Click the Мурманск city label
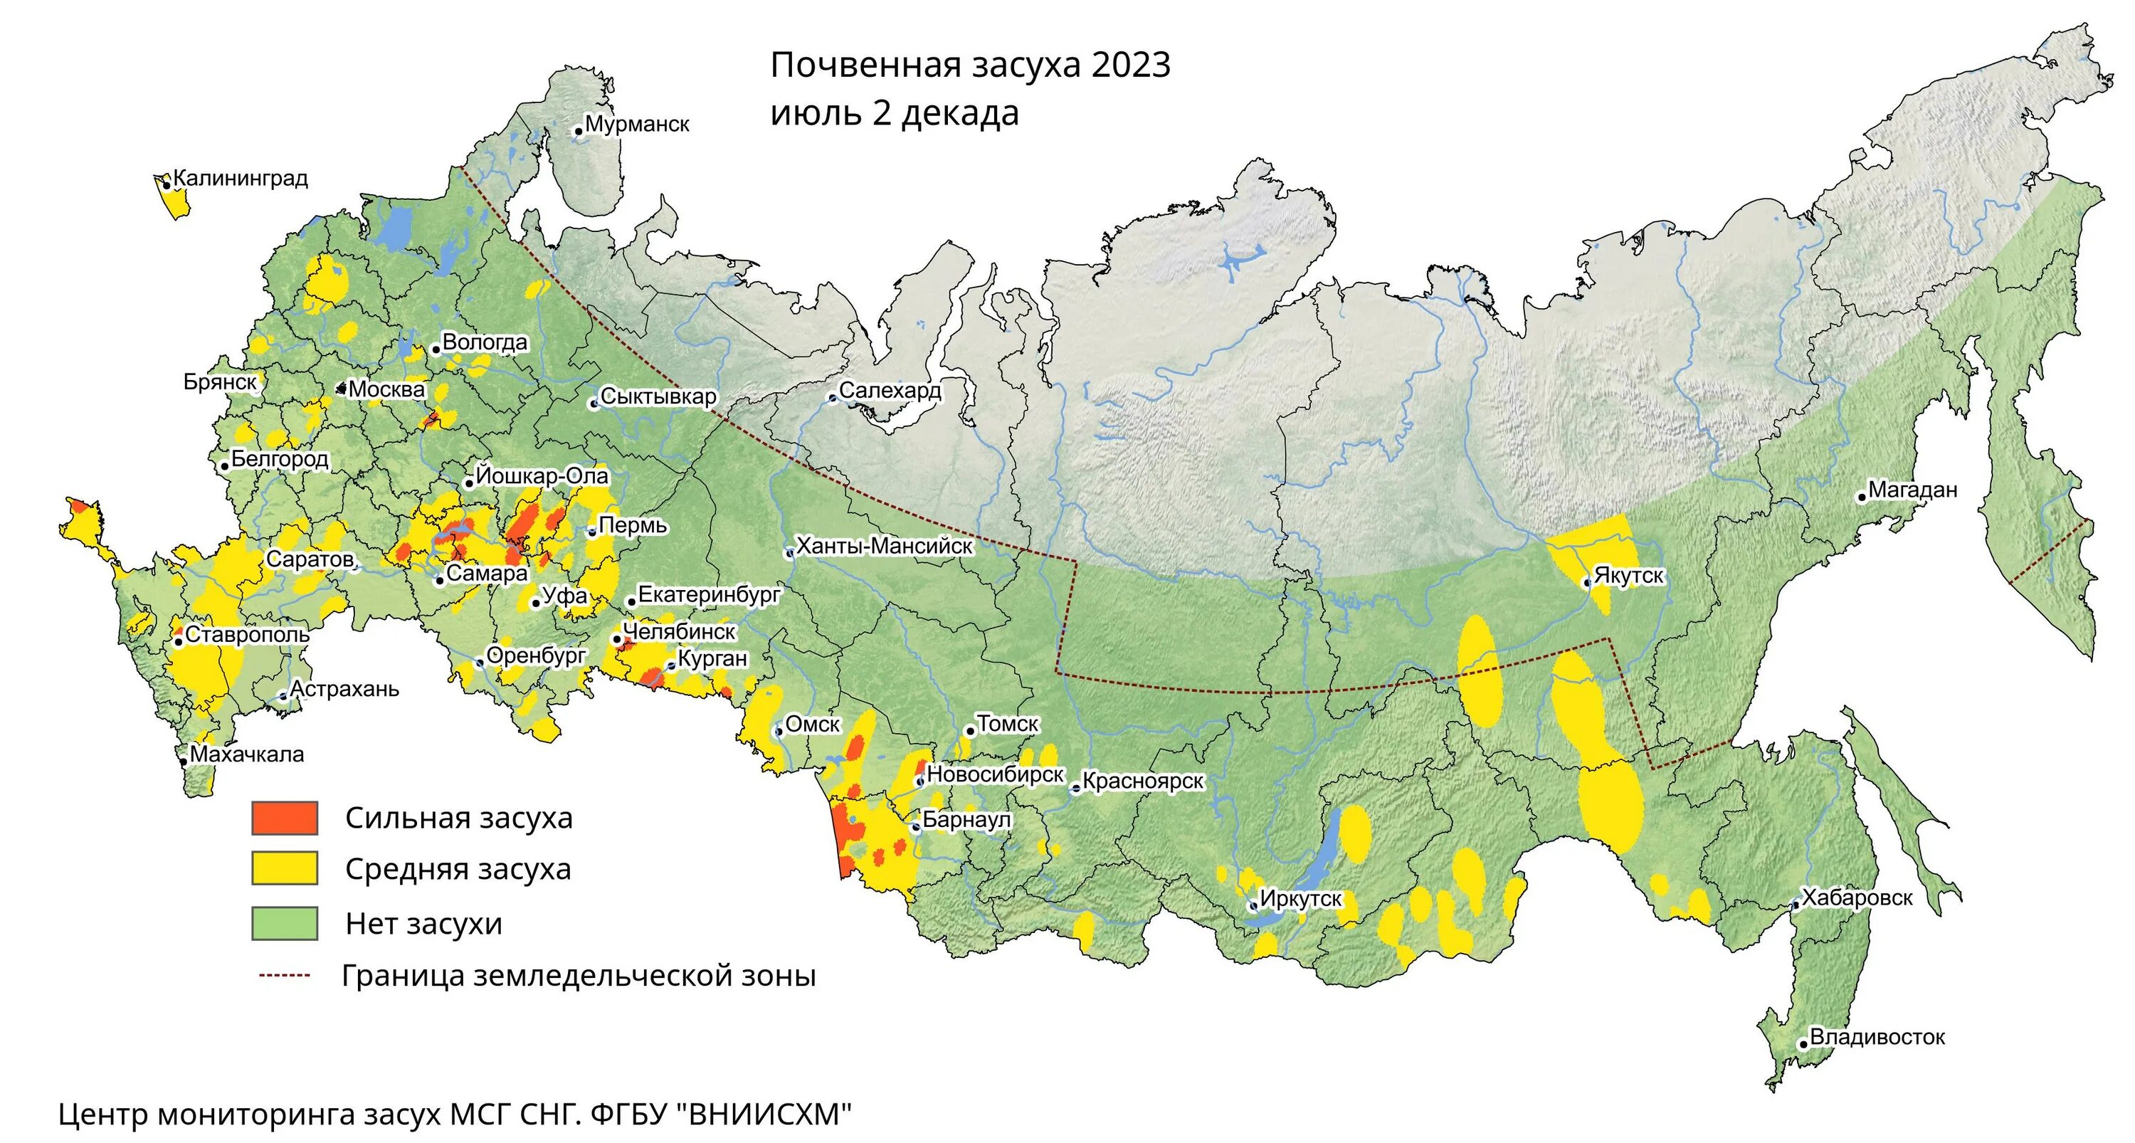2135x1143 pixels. (636, 125)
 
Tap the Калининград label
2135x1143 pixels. (241, 178)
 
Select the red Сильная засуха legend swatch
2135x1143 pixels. (284, 818)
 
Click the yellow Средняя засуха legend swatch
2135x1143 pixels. (284, 869)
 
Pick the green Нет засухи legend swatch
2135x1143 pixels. (284, 922)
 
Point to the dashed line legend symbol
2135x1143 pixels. (284, 976)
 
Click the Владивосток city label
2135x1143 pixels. (1877, 1037)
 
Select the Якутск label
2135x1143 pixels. (1628, 576)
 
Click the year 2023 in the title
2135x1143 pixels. (1131, 65)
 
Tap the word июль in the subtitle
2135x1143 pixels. (816, 114)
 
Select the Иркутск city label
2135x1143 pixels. (1300, 898)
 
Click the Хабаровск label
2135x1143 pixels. (1857, 897)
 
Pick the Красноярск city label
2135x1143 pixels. (1143, 781)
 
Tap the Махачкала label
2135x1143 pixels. (247, 754)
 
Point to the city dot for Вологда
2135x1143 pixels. (436, 349)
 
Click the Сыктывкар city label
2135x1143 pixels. (658, 396)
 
